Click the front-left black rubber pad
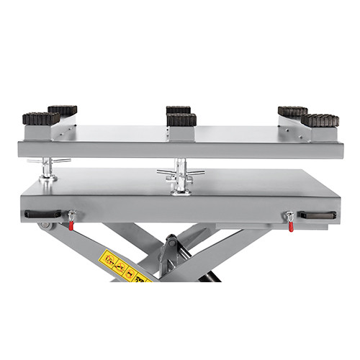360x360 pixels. pyautogui.click(x=40, y=117)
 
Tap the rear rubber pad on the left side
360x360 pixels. pyautogui.click(x=63, y=110)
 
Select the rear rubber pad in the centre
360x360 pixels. pyautogui.click(x=178, y=110)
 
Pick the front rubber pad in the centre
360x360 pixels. pyautogui.click(x=181, y=118)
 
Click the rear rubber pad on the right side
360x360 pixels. pyautogui.click(x=292, y=112)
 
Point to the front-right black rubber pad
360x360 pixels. pyautogui.click(x=319, y=120)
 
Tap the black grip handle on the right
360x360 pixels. pyautogui.click(x=318, y=215)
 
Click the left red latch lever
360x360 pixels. pyautogui.click(x=71, y=221)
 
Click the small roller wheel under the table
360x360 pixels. pyautogui.click(x=47, y=226)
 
